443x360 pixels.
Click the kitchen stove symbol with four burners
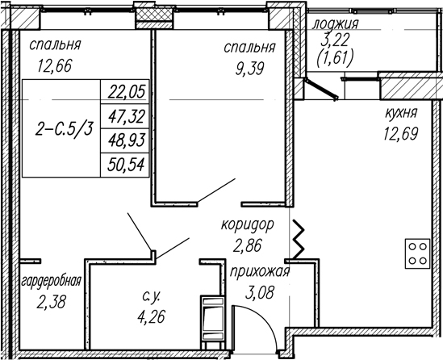pyautogui.click(x=417, y=253)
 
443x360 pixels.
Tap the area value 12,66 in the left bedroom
pyautogui.click(x=55, y=65)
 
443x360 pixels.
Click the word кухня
pyautogui.click(x=401, y=113)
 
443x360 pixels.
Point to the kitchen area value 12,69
pyautogui.click(x=400, y=133)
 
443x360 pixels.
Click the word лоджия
pyautogui.click(x=336, y=23)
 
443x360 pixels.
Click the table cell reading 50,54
pyautogui.click(x=126, y=165)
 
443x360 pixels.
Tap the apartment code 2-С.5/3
pyautogui.click(x=64, y=129)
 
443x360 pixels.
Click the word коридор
pyautogui.click(x=248, y=225)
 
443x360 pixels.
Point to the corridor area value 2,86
pyautogui.click(x=248, y=245)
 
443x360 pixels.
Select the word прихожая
pyautogui.click(x=260, y=272)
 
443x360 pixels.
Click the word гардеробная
pyautogui.click(x=52, y=281)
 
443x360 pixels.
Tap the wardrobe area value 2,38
pyautogui.click(x=51, y=302)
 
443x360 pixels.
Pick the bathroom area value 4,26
pyautogui.click(x=151, y=316)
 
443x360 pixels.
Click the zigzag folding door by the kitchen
pyautogui.click(x=299, y=240)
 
